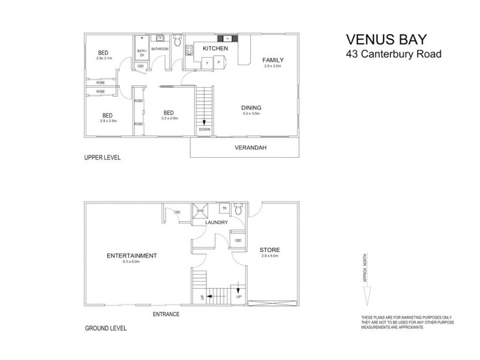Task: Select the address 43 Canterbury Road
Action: click(394, 55)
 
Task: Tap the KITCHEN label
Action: click(214, 48)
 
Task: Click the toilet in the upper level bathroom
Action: click(178, 41)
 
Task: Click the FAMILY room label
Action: click(272, 60)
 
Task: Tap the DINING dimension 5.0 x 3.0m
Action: click(251, 113)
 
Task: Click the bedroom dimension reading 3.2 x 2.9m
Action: click(169, 118)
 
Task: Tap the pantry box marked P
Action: click(218, 62)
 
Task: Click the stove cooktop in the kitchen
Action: click(228, 38)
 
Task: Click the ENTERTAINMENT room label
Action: click(131, 256)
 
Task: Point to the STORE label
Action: click(269, 250)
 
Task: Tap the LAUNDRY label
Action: click(216, 223)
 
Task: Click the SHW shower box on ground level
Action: click(200, 210)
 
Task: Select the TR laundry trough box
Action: click(224, 209)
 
